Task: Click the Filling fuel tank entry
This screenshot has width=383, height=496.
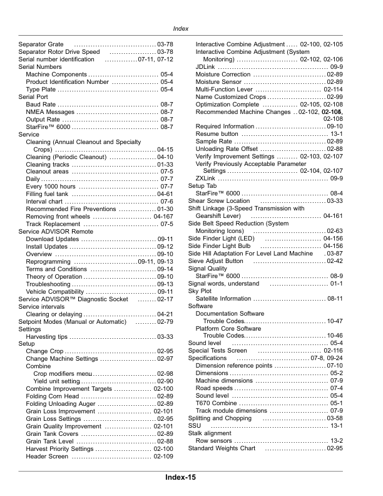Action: (51, 194)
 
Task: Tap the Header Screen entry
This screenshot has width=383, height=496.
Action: (47, 457)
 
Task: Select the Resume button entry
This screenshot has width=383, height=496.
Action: (217, 134)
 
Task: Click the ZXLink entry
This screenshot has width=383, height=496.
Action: (205, 178)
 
